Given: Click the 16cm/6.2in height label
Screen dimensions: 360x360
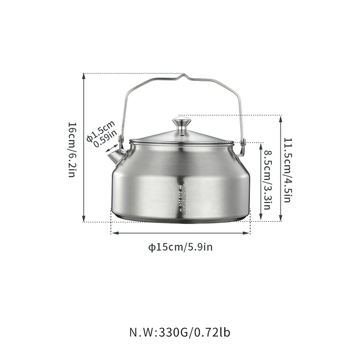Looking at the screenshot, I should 72,149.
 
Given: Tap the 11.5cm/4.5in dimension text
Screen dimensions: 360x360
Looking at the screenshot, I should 289,168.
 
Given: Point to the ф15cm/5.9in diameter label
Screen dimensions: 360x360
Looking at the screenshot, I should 180,247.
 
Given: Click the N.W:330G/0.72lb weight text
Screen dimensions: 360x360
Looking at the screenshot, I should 180,333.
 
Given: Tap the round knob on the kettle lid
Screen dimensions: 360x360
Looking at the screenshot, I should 181,122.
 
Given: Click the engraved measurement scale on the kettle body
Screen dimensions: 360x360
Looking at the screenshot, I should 181,198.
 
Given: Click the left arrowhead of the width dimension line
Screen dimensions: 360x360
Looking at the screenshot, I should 113,233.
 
